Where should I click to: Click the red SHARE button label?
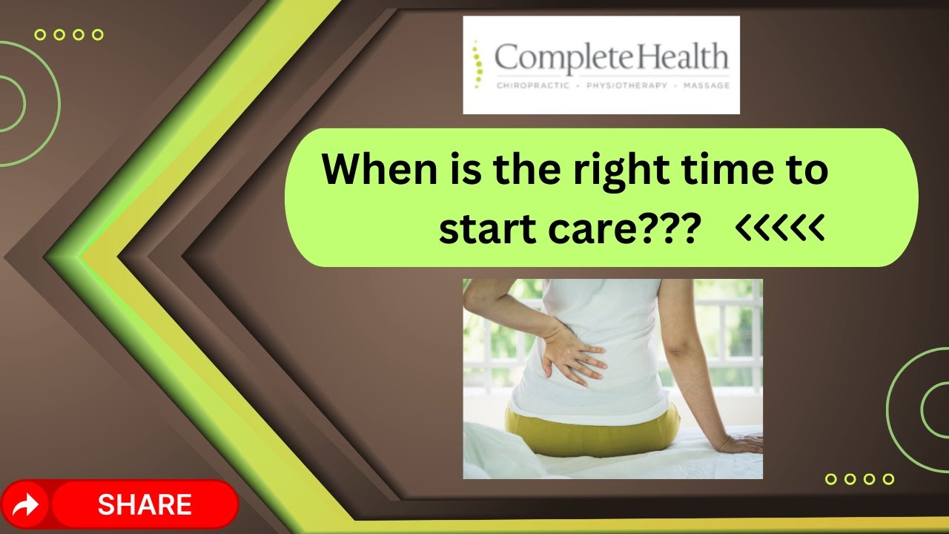click(x=145, y=505)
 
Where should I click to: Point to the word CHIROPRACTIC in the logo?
click(x=532, y=85)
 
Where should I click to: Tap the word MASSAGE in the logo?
click(x=701, y=85)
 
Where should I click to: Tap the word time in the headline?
click(x=716, y=171)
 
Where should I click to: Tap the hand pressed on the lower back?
click(x=571, y=354)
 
